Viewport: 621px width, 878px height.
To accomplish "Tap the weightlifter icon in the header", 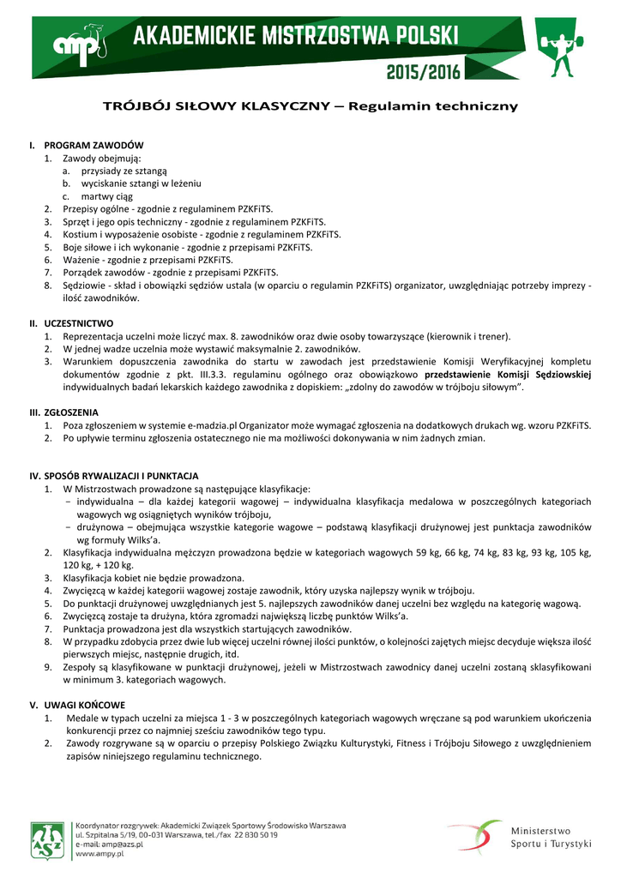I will click(x=561, y=49).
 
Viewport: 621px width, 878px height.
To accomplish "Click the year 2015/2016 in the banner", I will click(x=424, y=71).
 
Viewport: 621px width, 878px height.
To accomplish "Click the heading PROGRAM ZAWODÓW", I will click(x=93, y=146).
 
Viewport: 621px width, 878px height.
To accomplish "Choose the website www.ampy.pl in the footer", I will click(x=97, y=855).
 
